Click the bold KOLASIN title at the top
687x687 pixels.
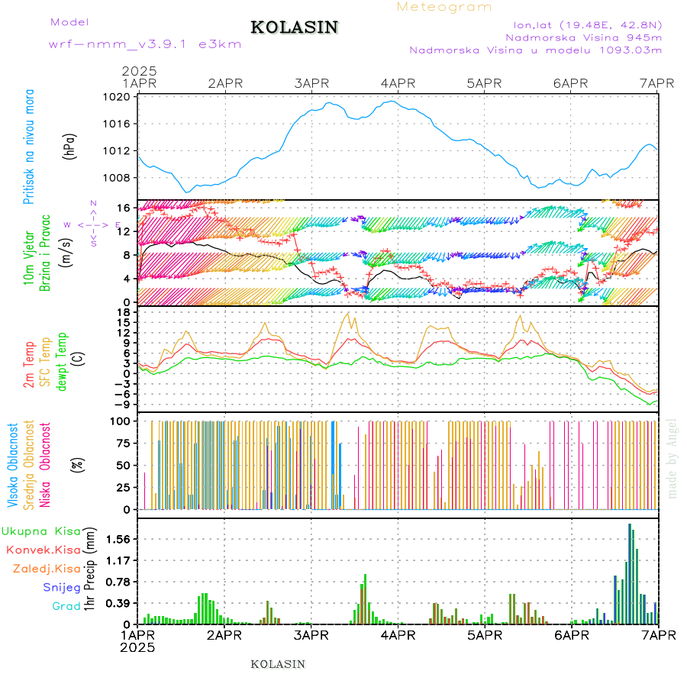pos(294,27)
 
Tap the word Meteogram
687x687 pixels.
pos(445,7)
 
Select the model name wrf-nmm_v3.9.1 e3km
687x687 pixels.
pos(145,44)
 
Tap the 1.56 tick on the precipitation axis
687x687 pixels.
pos(118,539)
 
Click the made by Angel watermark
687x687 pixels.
pos(672,458)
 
